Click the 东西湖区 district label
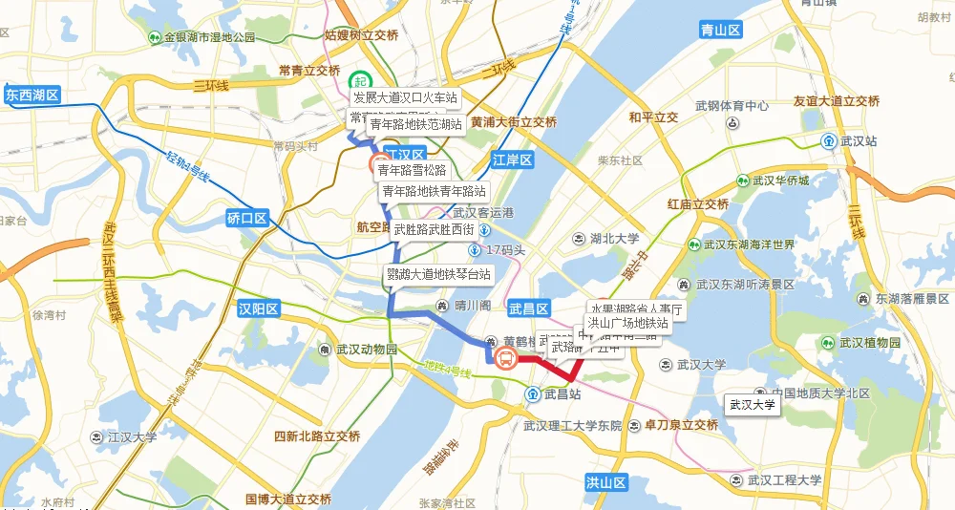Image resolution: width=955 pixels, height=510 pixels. coord(32,96)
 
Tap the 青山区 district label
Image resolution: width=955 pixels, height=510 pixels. coord(721,30)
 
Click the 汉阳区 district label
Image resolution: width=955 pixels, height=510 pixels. coord(258,308)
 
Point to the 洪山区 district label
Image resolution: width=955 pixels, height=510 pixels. coord(605,483)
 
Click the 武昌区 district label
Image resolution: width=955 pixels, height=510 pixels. coord(528,308)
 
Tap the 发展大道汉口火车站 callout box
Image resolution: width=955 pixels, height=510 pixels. coord(405,97)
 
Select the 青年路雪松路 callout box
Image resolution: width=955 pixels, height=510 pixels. coord(418,170)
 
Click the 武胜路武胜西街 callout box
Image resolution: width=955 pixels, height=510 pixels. coord(434,229)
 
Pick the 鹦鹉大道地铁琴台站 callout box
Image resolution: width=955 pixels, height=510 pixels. coord(438,274)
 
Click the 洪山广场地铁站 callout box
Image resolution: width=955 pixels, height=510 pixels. coord(627,323)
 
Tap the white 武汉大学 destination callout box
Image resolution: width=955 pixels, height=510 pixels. coord(753,405)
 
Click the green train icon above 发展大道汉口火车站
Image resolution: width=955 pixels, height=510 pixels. coord(360,82)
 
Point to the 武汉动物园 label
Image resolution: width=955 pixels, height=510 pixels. coord(358,350)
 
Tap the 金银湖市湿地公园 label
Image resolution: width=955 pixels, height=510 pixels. coord(208,37)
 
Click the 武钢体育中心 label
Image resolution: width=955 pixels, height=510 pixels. coord(732,106)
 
